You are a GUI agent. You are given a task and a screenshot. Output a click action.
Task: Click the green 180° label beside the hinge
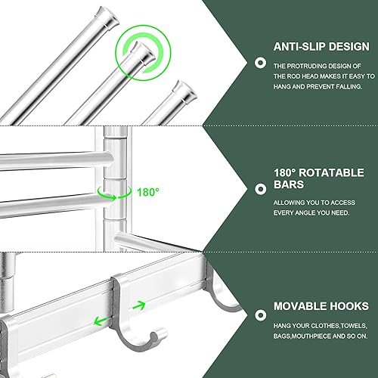(x=148, y=192)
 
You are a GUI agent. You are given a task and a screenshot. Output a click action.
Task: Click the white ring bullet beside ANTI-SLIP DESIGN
(x=260, y=66)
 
